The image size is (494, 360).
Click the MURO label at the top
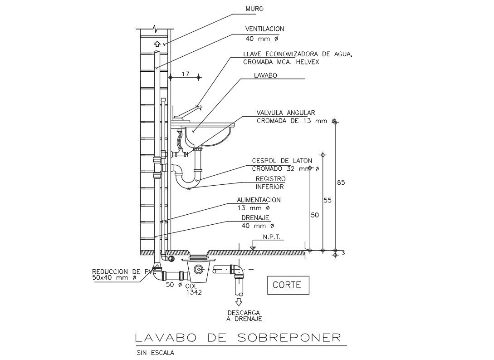[x=254, y=9]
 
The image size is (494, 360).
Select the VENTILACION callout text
[x=264, y=29]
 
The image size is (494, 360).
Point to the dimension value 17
[x=185, y=74]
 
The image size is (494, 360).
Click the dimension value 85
[x=341, y=182]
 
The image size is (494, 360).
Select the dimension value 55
[x=328, y=200]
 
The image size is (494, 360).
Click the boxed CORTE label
[x=287, y=285]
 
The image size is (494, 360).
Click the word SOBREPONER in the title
[x=289, y=338]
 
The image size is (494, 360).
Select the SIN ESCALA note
[x=155, y=352]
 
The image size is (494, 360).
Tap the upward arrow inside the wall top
[x=157, y=44]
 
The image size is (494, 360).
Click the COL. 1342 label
[x=193, y=290]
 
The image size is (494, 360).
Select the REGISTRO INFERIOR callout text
[x=270, y=182]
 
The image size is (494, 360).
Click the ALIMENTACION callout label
[x=259, y=200]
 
